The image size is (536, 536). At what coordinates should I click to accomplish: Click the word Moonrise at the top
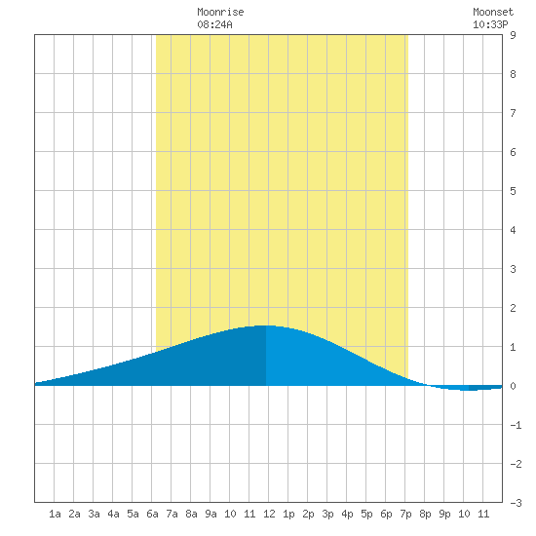[220, 12]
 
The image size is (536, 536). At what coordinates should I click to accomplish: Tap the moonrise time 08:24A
[214, 24]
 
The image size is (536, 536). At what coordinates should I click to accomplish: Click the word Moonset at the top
[493, 12]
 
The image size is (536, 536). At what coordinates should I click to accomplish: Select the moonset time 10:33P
[490, 24]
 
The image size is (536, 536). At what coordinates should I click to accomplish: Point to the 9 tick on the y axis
[513, 35]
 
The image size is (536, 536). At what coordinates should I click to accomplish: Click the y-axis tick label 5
[513, 191]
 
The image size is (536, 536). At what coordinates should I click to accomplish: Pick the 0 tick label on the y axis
[513, 386]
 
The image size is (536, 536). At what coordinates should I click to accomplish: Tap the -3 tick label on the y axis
[516, 503]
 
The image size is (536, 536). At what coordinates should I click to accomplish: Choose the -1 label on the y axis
[516, 425]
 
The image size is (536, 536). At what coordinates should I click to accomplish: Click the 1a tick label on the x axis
[55, 514]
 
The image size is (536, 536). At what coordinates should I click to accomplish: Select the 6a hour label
[152, 514]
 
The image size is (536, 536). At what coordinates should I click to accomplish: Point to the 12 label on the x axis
[269, 514]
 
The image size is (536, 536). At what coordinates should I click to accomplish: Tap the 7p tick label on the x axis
[405, 514]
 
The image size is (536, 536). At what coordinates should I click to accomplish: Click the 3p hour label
[327, 514]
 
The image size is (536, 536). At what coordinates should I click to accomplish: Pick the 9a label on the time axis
[211, 514]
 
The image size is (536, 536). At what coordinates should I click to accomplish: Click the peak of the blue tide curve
[266, 325]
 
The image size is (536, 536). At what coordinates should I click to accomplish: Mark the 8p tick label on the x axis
[425, 514]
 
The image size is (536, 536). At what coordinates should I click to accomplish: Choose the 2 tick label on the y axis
[513, 308]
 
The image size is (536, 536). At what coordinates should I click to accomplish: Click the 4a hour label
[113, 514]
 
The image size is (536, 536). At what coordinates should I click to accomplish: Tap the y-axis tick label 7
[513, 113]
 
